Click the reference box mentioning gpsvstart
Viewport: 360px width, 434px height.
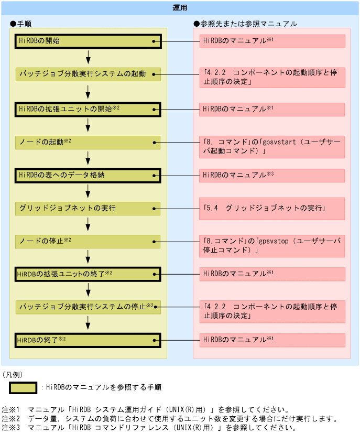(x=272, y=147)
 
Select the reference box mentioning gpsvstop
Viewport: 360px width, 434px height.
(x=272, y=246)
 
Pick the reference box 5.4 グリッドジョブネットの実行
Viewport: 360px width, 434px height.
(x=272, y=209)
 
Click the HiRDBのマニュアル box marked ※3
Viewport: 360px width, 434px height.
(x=272, y=175)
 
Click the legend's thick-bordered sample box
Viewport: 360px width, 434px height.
(x=23, y=387)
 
